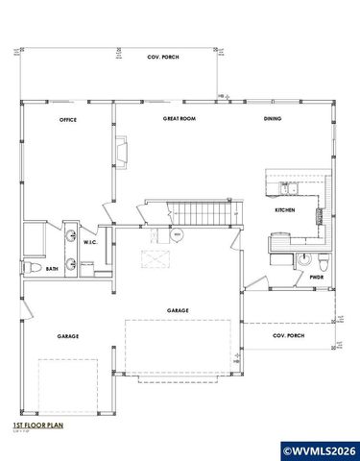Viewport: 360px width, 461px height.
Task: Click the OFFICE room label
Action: click(x=67, y=120)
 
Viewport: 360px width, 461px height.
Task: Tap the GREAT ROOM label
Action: click(x=179, y=119)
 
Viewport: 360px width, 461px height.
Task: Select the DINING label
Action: click(x=273, y=119)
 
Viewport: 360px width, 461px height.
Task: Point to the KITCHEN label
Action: click(x=284, y=209)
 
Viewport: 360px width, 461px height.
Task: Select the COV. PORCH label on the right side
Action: click(x=288, y=337)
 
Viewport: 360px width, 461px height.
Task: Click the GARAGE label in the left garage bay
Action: click(x=67, y=336)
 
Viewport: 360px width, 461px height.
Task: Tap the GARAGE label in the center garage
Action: click(x=178, y=310)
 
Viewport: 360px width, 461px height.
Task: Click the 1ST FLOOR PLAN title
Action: click(x=37, y=424)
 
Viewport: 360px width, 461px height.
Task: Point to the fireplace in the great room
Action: click(x=122, y=151)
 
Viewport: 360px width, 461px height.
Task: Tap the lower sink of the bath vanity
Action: click(x=72, y=264)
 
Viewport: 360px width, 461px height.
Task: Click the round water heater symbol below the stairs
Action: click(x=178, y=235)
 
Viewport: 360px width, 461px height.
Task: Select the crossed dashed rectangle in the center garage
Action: click(x=155, y=257)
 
